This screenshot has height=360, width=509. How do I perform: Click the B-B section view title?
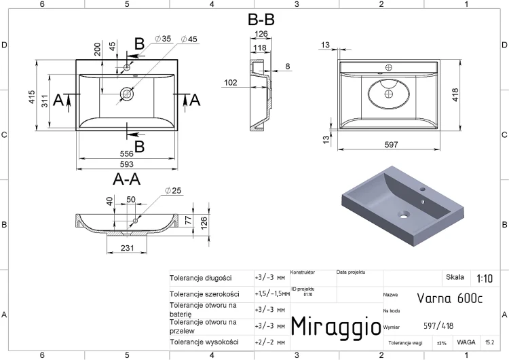click(261, 20)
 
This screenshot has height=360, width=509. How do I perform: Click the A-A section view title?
click(127, 179)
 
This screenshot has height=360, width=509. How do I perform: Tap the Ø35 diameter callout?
click(163, 39)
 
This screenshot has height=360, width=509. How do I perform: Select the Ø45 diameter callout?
click(189, 39)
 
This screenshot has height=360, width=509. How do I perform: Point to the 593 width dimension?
click(127, 164)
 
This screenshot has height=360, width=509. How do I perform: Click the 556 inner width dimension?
click(127, 154)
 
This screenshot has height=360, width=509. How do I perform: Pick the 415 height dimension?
click(31, 97)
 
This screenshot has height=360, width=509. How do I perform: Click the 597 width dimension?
click(391, 145)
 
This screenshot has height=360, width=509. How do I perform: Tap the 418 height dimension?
click(455, 95)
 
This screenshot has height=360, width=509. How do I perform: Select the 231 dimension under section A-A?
click(127, 248)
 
